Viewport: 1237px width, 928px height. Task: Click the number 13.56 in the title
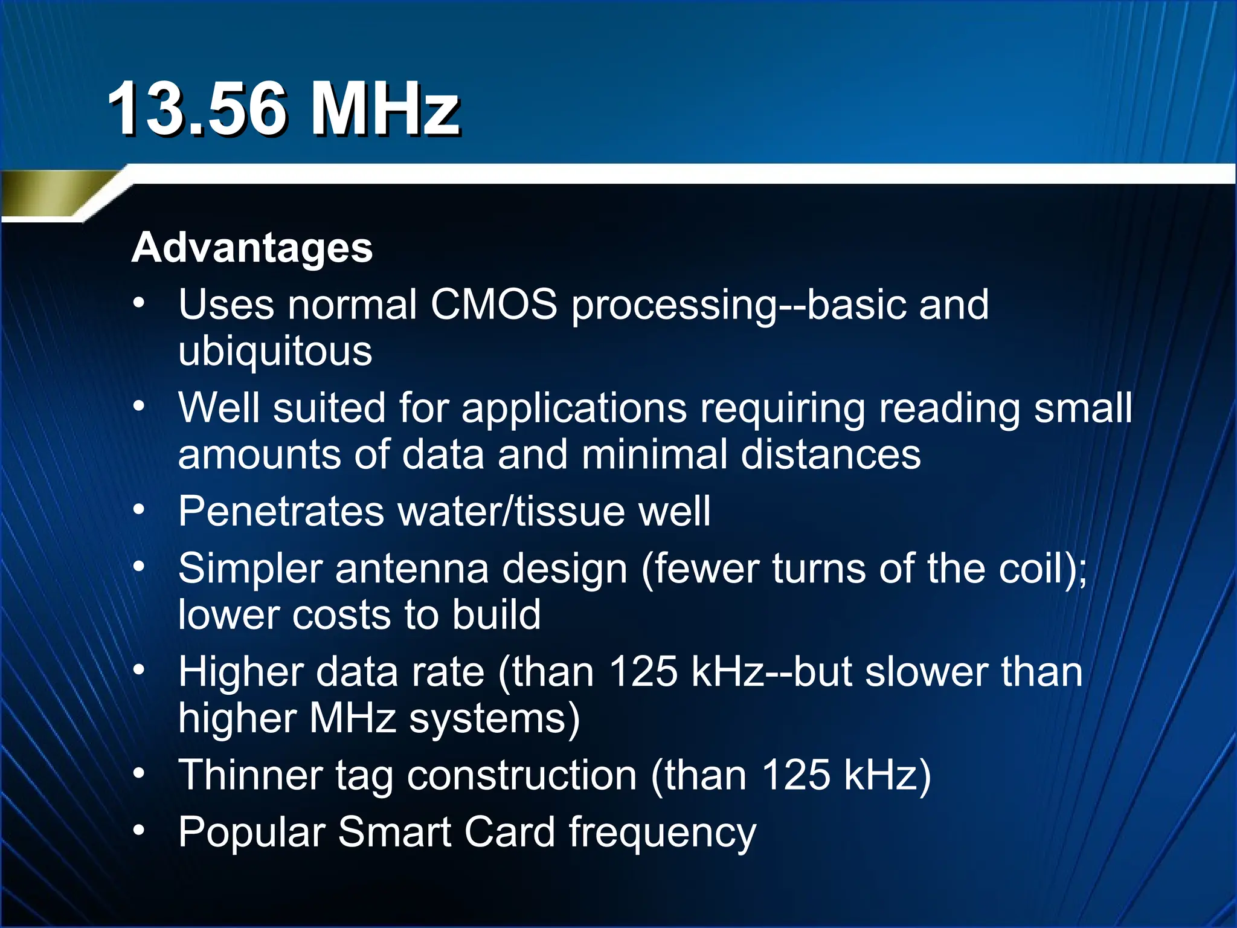point(196,109)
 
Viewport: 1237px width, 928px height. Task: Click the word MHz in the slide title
point(384,109)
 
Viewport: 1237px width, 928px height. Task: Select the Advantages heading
point(252,248)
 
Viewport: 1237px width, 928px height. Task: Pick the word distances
point(831,454)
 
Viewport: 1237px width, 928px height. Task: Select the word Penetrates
point(281,512)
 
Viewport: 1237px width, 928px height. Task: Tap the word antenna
point(411,569)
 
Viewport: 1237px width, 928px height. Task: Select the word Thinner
point(250,775)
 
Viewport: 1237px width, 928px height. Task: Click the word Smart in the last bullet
point(394,833)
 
